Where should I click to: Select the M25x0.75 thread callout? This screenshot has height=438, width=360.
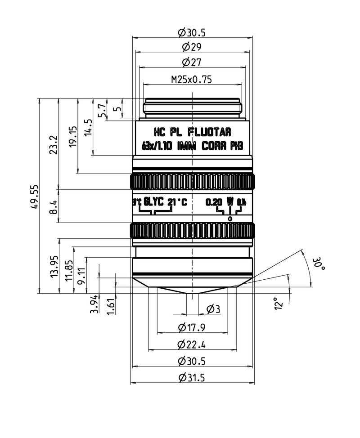click(x=191, y=80)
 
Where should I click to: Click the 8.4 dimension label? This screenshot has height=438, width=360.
click(x=54, y=206)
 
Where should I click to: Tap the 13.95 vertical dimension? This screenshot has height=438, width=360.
click(x=54, y=266)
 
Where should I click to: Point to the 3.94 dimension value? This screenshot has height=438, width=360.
click(x=94, y=304)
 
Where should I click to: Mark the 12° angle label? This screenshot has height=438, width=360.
click(x=279, y=304)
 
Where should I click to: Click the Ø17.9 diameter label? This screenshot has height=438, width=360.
click(x=191, y=327)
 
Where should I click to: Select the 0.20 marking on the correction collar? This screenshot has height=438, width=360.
click(x=214, y=202)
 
